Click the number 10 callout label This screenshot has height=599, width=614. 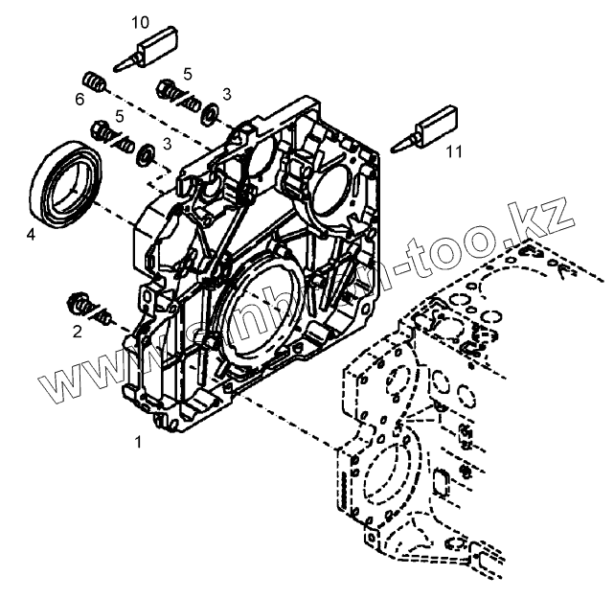pyautogui.click(x=140, y=21)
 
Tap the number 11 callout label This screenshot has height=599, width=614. pyautogui.click(x=454, y=150)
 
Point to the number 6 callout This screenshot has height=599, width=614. pyautogui.click(x=80, y=100)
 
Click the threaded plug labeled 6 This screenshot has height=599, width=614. pyautogui.click(x=92, y=81)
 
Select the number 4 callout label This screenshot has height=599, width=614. pyautogui.click(x=31, y=233)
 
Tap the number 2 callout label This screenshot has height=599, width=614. pyautogui.click(x=78, y=332)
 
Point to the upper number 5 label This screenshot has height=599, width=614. pyautogui.click(x=188, y=74)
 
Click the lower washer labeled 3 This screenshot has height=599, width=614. pyautogui.click(x=148, y=152)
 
